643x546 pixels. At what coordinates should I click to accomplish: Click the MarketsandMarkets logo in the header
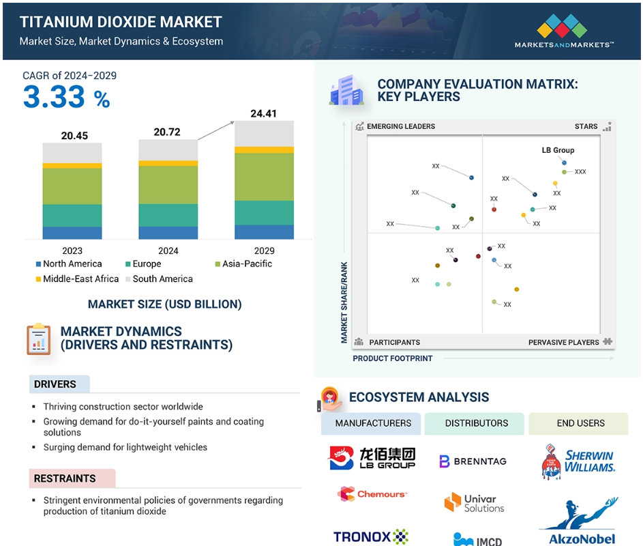[564, 31]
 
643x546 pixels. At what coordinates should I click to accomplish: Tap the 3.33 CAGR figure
[54, 97]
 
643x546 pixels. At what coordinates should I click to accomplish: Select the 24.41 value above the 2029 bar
[263, 113]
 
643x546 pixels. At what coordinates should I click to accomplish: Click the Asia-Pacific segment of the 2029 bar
[264, 177]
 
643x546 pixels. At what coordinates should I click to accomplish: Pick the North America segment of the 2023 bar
[72, 233]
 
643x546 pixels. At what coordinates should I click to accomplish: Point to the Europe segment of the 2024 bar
[168, 215]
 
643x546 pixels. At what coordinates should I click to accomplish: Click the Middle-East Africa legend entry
[77, 278]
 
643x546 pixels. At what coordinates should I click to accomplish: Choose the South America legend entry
[159, 278]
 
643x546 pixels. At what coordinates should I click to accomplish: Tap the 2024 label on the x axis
[168, 251]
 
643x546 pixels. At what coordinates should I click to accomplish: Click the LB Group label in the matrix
[558, 150]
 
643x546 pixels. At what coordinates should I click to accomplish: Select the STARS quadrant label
[586, 126]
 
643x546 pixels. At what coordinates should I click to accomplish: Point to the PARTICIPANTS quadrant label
[395, 343]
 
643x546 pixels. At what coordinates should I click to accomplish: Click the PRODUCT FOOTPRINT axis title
[393, 358]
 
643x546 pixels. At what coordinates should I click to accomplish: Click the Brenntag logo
[473, 461]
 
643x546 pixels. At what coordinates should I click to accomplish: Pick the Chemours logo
[372, 494]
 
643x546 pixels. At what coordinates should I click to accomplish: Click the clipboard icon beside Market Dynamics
[39, 339]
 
